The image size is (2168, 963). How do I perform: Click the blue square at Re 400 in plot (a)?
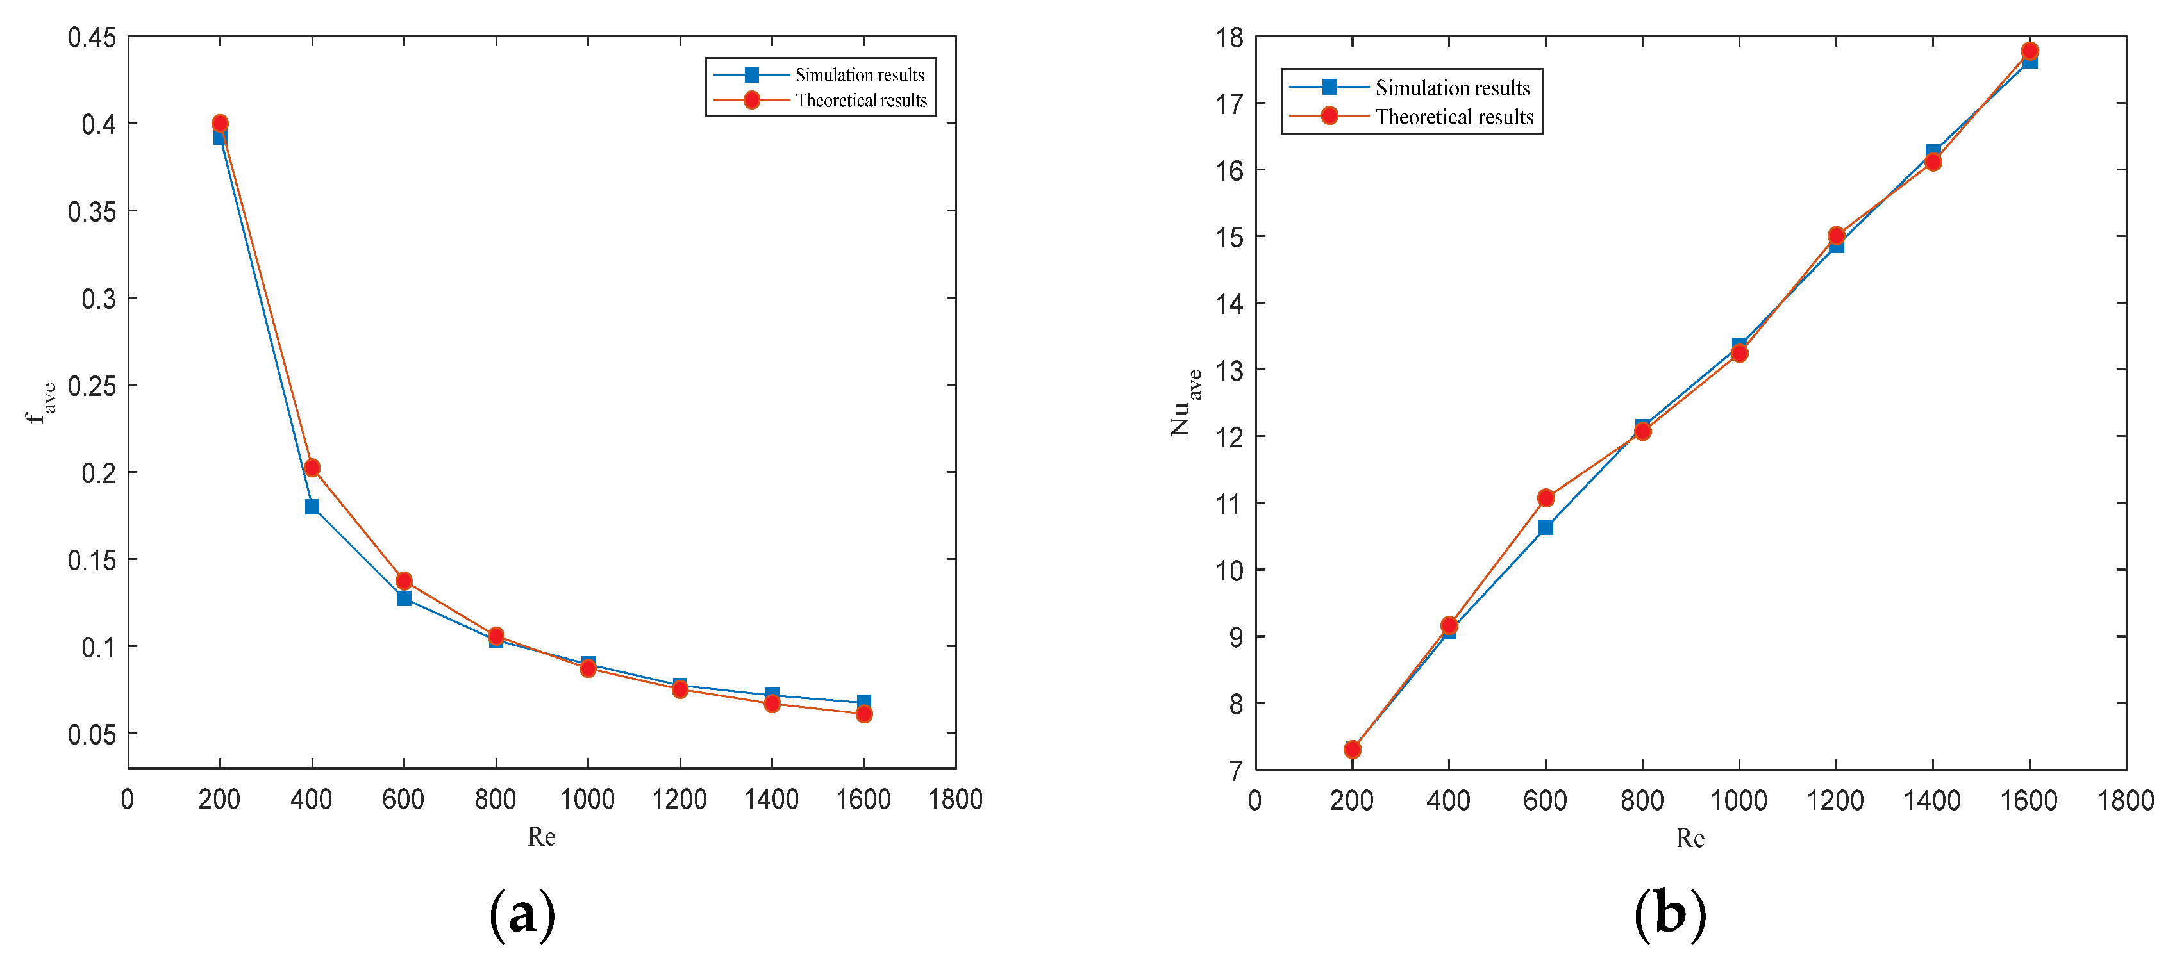coord(312,506)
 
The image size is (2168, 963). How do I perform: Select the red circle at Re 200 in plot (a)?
coord(220,124)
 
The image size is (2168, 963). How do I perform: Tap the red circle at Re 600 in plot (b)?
coord(1545,498)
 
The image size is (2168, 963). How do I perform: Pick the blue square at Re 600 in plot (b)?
coord(1545,527)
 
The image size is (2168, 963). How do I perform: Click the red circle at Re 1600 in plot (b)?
coord(2029,51)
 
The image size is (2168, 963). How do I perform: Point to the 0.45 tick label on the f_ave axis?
coord(92,38)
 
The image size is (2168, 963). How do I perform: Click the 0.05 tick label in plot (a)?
coord(92,735)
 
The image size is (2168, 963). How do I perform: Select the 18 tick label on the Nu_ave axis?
coord(1230,38)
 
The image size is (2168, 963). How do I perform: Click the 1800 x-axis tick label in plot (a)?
coord(955,799)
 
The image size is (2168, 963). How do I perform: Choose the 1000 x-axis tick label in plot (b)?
coord(1738,800)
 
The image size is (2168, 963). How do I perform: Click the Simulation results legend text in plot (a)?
coord(859,76)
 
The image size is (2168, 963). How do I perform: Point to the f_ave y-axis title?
coord(40,402)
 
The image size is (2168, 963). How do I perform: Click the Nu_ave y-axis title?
coord(1185,402)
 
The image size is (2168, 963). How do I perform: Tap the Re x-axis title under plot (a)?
coord(541,837)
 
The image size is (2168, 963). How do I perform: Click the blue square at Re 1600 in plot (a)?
coord(863,702)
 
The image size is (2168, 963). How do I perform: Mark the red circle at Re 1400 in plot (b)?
coord(1932,161)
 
